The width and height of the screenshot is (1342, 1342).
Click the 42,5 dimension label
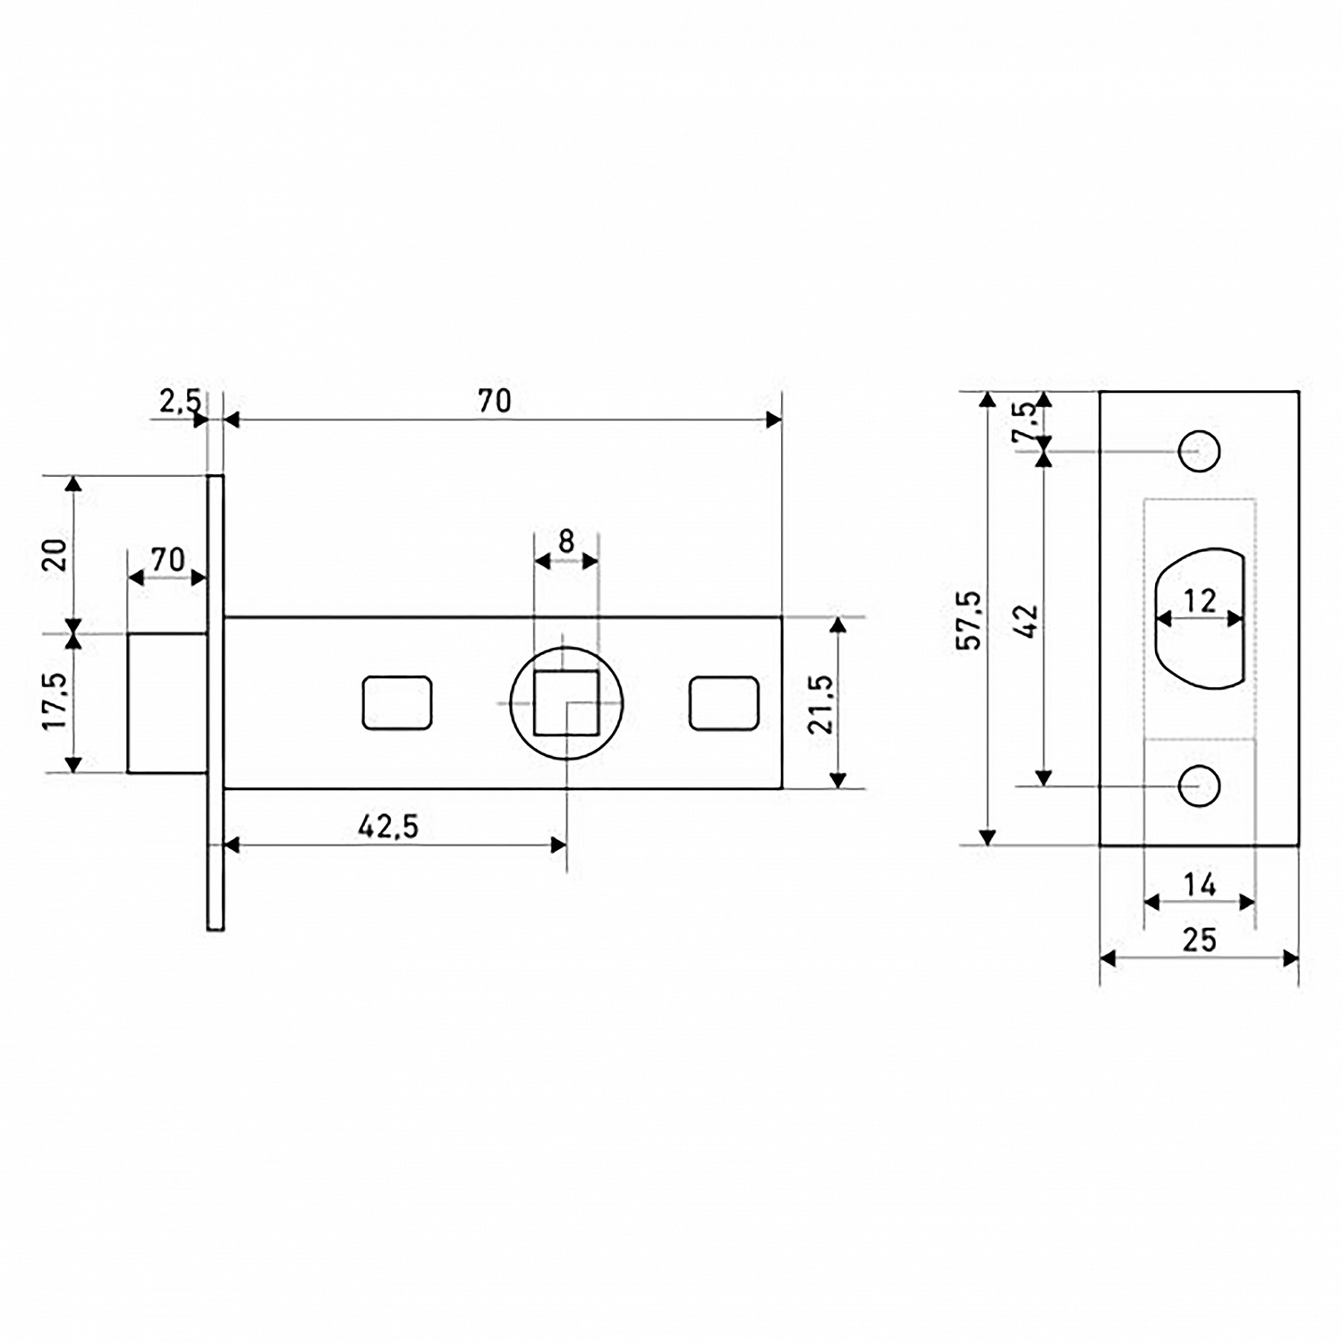[x=388, y=827]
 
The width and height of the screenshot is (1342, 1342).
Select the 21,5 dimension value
[x=820, y=704]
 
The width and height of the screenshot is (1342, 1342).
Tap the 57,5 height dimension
[x=969, y=619]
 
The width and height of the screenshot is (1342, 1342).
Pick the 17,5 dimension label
[x=55, y=701]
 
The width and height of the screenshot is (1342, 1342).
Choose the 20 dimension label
[x=55, y=555]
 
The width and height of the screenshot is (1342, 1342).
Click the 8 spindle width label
[x=565, y=541]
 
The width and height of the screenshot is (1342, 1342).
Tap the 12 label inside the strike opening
[x=1200, y=600]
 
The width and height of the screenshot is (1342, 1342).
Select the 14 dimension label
[x=1200, y=885]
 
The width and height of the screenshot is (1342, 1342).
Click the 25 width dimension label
[x=1200, y=939]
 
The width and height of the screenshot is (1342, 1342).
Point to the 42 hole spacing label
[x=1027, y=621]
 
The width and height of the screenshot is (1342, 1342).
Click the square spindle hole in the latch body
[x=566, y=703]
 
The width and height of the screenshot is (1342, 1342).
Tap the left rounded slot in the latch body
[x=397, y=703]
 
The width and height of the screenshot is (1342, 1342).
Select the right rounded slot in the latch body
[x=725, y=703]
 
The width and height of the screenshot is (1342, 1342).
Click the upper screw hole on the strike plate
[x=1200, y=451]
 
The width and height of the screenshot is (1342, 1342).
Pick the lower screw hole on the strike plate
[x=1200, y=786]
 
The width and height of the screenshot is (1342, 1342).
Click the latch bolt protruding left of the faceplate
[x=167, y=702]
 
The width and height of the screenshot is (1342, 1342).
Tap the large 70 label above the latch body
[x=494, y=401]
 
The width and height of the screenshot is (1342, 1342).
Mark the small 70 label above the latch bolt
[x=167, y=559]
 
